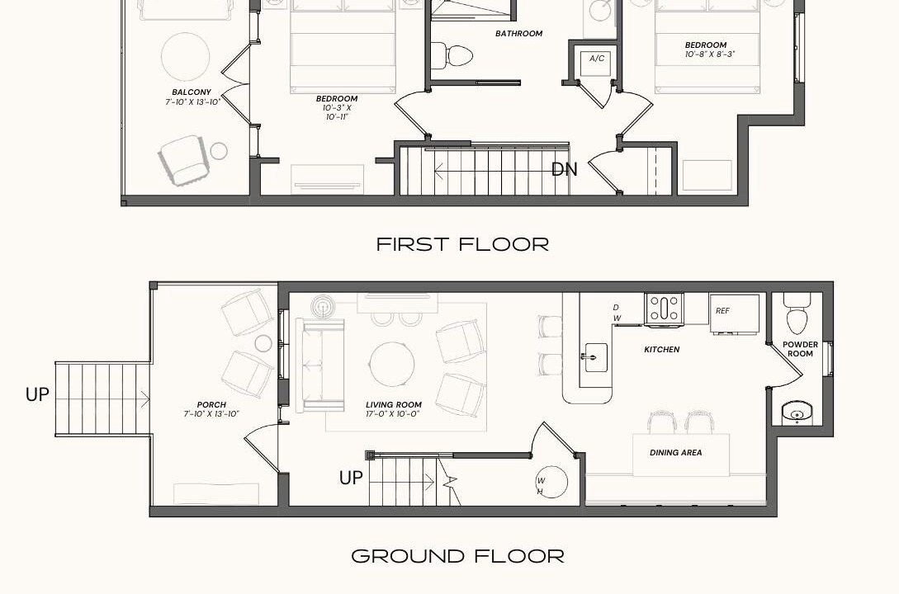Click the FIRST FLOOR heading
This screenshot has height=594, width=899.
(462, 244)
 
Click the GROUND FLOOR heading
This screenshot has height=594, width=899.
(457, 556)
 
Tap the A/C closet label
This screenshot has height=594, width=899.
(597, 59)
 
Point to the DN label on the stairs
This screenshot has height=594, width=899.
(564, 170)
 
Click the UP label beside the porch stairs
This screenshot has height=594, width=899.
(37, 394)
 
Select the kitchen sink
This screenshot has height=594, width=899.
(596, 357)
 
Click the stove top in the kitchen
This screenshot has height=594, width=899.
(664, 309)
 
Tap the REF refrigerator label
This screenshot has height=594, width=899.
(722, 311)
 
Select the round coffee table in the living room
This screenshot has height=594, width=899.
(392, 365)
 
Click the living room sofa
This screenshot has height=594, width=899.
(320, 365)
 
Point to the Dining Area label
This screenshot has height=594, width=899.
(675, 453)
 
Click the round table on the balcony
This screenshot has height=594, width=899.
(185, 56)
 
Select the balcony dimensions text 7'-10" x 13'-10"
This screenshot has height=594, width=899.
(192, 102)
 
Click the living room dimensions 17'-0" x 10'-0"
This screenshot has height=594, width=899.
(393, 413)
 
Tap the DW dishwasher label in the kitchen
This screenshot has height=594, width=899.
(617, 313)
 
